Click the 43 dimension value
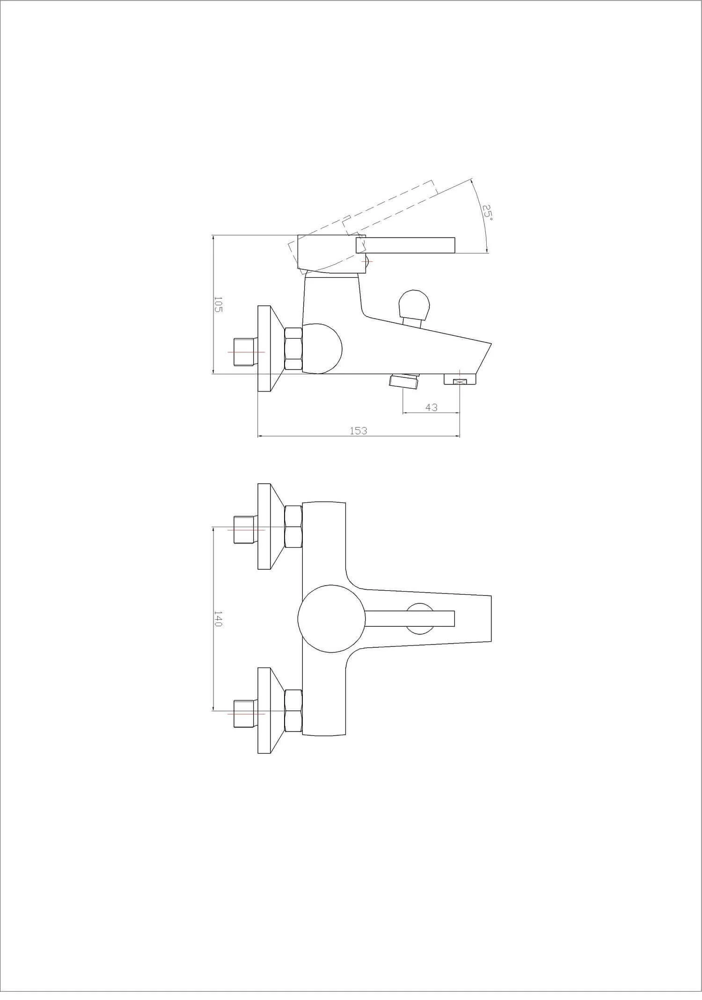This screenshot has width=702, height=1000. point(431,407)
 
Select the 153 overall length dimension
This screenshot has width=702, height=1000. point(358,431)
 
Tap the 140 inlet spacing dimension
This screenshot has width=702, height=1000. point(218,618)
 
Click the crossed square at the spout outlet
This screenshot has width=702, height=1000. point(460,382)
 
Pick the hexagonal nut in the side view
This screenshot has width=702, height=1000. point(293,350)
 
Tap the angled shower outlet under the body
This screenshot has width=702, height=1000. point(404,381)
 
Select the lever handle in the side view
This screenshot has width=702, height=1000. point(405,245)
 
